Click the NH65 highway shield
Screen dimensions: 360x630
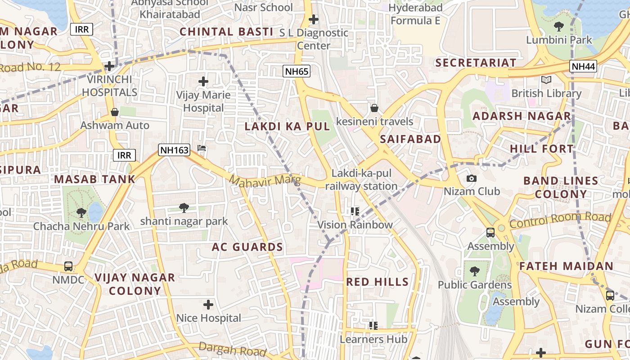click(x=297, y=71)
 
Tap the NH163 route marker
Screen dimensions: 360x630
click(x=174, y=150)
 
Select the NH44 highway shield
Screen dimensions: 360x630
click(x=583, y=67)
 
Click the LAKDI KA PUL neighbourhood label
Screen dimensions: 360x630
click(x=287, y=126)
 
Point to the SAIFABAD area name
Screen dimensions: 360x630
click(x=410, y=139)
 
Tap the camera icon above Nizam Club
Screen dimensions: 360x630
click(x=472, y=178)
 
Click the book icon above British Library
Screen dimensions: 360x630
click(x=546, y=80)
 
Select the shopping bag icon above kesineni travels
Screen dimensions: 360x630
click(x=374, y=108)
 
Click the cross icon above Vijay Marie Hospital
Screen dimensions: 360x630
click(x=203, y=81)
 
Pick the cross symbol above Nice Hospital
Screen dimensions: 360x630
click(x=208, y=305)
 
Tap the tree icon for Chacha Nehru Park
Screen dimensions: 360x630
click(x=81, y=212)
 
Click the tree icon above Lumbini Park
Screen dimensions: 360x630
click(x=559, y=26)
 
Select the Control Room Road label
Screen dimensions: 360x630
click(x=560, y=220)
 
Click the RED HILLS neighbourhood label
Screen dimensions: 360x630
click(x=378, y=282)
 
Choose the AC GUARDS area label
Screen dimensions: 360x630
click(x=247, y=247)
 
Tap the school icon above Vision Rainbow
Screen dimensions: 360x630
click(x=355, y=211)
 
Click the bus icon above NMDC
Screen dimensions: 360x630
click(x=68, y=266)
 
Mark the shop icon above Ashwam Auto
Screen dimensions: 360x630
click(x=115, y=112)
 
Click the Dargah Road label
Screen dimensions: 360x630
click(x=232, y=348)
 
